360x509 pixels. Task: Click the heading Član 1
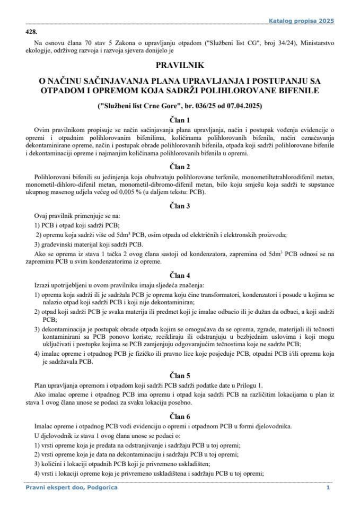pyautogui.click(x=180, y=120)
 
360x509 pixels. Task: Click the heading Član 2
pyautogui.click(x=180, y=166)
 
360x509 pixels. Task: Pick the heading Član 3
pyautogui.click(x=180, y=204)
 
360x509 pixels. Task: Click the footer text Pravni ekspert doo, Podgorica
pyautogui.click(x=71, y=487)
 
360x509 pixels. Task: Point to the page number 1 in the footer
pyautogui.click(x=328, y=487)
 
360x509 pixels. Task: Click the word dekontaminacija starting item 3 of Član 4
pyautogui.click(x=58, y=329)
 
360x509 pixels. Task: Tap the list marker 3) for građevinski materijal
pyautogui.click(x=37, y=244)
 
